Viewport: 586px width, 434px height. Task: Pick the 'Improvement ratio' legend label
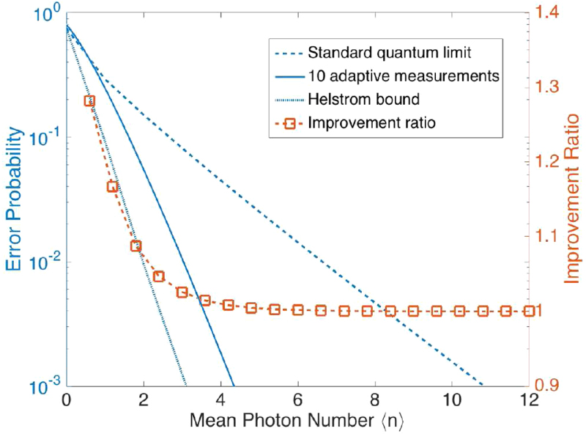click(372, 122)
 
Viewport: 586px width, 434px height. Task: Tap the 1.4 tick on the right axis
click(552, 11)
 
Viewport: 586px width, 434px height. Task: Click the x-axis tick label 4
click(220, 400)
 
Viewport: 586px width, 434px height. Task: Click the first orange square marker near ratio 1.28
click(89, 100)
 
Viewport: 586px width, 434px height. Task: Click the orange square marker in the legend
click(289, 123)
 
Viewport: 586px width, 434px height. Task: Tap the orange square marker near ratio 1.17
click(113, 186)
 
